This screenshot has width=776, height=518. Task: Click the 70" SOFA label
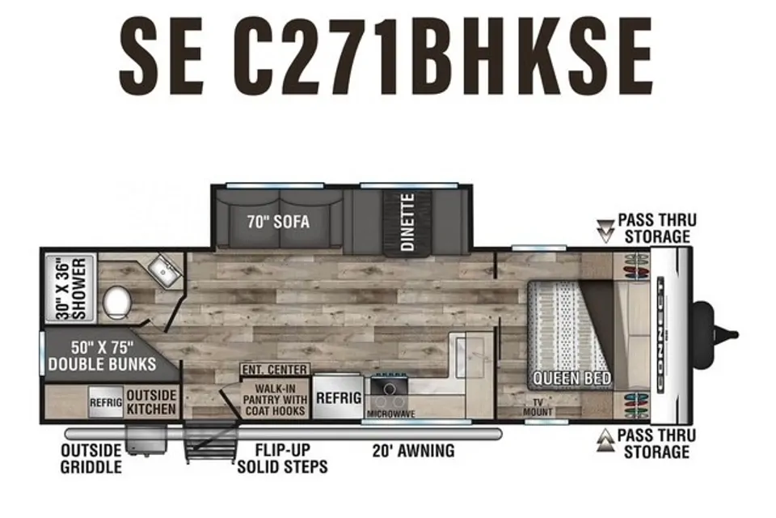pos(278,222)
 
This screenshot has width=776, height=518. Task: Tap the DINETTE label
pos(407,223)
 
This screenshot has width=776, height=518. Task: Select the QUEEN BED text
pos(571,380)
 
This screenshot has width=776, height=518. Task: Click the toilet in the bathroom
pos(117,304)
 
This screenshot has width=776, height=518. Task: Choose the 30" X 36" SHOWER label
pos(71,288)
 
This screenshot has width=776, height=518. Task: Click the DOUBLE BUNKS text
pos(102,364)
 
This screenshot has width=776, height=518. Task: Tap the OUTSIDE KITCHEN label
pos(151,402)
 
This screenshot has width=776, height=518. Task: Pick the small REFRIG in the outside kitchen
pos(105,402)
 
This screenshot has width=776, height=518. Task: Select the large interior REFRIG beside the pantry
pos(339,397)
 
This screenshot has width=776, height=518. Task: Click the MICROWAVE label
pos(391,414)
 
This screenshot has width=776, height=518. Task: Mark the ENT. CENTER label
pos(275,370)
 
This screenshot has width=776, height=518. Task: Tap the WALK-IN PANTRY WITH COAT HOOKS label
pos(275,400)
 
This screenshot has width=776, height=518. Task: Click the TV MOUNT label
pos(538,407)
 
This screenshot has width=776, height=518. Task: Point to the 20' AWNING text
pos(413,451)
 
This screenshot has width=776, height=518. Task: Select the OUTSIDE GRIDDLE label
pos(91,459)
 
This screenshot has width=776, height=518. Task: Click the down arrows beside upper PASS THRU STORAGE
pos(605,231)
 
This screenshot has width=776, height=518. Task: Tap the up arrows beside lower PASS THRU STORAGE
pos(605,440)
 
